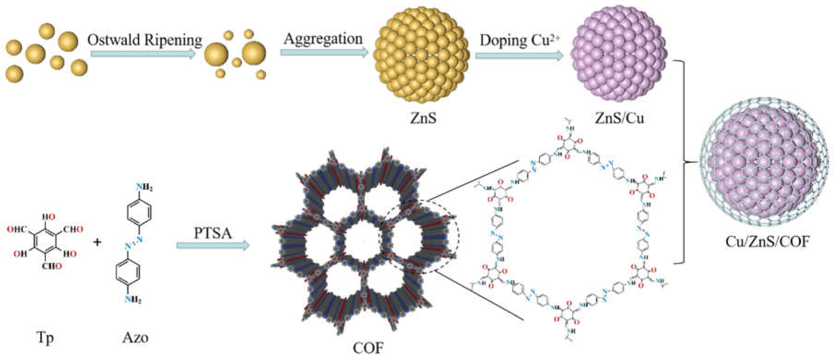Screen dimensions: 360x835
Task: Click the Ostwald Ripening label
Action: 145,40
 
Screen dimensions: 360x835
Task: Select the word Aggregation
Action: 323,39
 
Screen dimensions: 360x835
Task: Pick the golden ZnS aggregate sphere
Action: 421,54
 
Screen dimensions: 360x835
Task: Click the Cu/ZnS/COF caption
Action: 767,242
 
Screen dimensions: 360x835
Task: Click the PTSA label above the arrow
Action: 213,233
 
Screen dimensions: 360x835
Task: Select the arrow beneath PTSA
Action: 213,246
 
